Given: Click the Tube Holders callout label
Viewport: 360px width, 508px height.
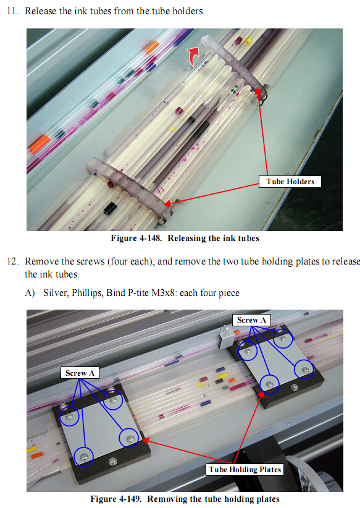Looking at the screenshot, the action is (290, 182).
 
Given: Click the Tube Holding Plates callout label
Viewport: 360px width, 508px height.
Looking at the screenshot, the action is (245, 470).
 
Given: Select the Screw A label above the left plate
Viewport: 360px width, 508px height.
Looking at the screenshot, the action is (80, 373).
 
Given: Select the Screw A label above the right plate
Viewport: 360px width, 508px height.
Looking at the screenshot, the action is (251, 320).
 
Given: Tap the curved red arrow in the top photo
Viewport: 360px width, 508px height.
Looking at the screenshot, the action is (194, 56).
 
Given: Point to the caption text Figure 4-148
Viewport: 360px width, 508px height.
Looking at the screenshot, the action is (136, 238).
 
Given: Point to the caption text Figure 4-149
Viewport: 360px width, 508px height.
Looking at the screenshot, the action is (115, 499).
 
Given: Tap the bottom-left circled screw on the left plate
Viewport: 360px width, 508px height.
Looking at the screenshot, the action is (83, 457).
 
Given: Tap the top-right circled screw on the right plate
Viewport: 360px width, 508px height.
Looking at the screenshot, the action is (283, 339).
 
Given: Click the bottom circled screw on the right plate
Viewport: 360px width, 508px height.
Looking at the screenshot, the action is (269, 384).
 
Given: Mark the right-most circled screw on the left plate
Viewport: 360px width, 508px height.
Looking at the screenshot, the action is (129, 438).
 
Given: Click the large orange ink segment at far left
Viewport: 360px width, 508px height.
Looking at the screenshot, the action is (40, 144).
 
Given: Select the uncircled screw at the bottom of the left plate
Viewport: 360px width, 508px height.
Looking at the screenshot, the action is (113, 460).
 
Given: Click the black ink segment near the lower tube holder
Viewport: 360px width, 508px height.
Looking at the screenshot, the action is (110, 208).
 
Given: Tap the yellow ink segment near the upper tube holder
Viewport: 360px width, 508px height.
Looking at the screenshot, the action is (248, 41).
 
